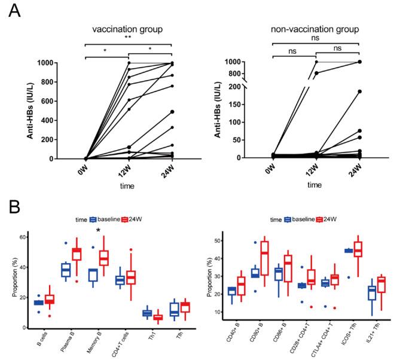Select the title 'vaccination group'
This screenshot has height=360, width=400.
click(128, 30)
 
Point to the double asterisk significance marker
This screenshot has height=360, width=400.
click(128, 37)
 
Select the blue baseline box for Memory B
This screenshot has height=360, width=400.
click(93, 274)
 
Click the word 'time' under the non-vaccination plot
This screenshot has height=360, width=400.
click(314, 187)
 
